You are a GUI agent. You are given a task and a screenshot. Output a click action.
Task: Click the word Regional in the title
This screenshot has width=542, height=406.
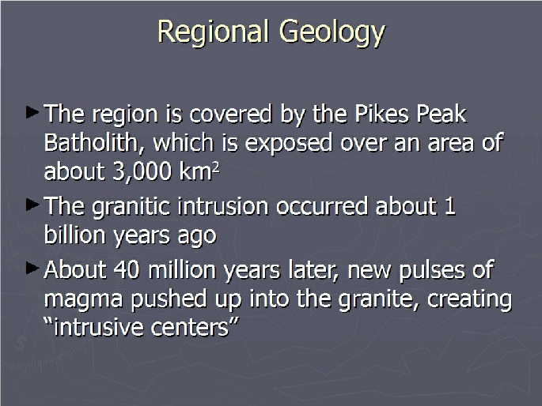[x=213, y=32]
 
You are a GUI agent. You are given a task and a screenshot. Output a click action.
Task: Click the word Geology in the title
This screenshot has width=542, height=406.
[x=332, y=32]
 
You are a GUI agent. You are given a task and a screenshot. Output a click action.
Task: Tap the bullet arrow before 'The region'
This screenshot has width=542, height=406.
[x=32, y=112]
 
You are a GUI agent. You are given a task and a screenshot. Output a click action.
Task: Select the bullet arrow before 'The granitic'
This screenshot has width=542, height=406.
[x=32, y=205]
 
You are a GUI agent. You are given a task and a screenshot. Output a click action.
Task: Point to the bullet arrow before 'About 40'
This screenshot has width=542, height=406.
[x=32, y=269]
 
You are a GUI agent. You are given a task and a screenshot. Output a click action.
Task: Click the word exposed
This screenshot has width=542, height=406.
[x=289, y=144]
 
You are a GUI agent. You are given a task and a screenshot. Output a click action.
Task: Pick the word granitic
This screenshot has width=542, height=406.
[x=131, y=208]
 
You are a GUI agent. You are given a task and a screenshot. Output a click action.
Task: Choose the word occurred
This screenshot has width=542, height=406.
[x=322, y=207]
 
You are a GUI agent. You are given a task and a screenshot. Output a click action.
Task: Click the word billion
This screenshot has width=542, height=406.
[x=74, y=235]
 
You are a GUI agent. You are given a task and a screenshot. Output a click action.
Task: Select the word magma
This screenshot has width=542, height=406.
[x=84, y=300]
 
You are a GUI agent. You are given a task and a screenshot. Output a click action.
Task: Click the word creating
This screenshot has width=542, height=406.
[x=469, y=300]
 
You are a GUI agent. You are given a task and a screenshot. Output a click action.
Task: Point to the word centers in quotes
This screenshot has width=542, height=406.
[x=190, y=328]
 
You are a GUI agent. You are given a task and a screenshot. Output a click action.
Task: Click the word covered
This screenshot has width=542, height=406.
[x=230, y=114]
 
